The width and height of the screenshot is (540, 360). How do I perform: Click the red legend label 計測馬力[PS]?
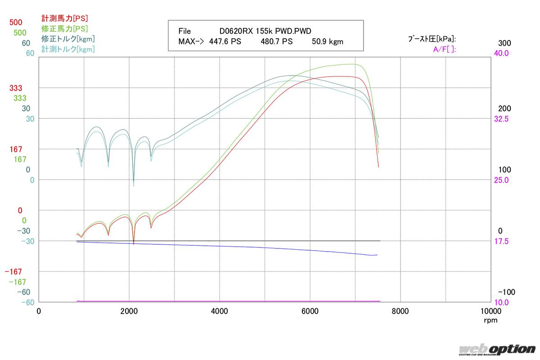64,18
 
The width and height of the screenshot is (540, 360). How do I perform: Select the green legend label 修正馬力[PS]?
64,29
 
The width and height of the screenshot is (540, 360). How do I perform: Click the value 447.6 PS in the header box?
225,42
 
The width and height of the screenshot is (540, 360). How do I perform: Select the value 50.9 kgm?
327,42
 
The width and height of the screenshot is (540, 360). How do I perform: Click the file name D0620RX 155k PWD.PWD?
265,31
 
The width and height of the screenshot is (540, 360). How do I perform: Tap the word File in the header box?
184,31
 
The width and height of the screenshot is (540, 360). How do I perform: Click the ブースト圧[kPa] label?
432,39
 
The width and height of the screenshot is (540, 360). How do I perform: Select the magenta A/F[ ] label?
444,49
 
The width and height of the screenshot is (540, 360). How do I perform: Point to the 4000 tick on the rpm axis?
220,311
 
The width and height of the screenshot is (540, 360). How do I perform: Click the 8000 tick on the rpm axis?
400,311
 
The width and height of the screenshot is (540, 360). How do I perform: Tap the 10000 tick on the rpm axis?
489,311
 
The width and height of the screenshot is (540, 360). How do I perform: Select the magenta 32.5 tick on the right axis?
501,119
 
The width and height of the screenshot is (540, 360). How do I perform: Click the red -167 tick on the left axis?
13,272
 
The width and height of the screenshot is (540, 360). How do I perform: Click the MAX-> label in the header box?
191,42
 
